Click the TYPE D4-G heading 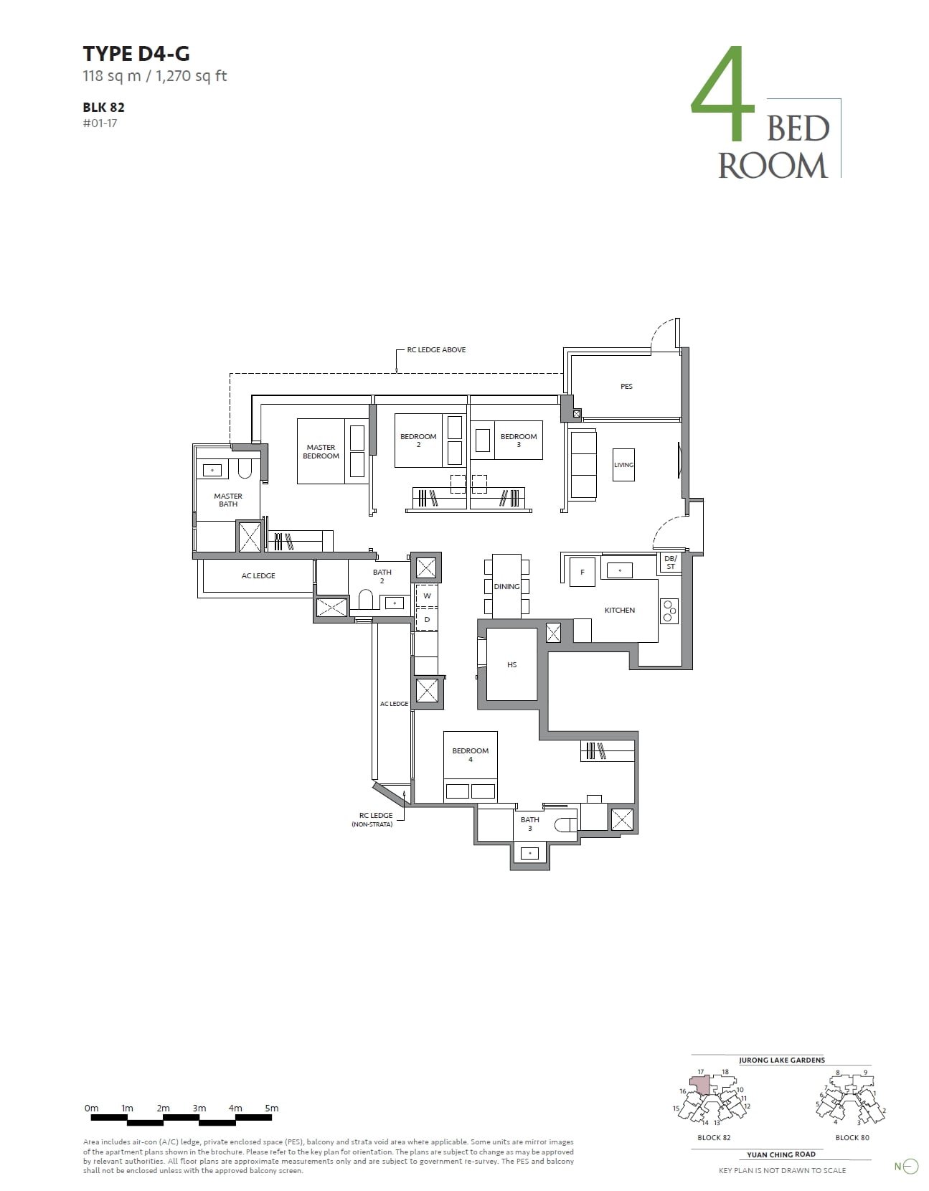coord(136,54)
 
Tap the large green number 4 coord(722,95)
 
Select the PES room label coord(626,386)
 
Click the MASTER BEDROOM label coord(321,451)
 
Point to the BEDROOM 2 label coord(418,440)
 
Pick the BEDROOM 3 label coord(518,440)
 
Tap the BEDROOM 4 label coord(470,754)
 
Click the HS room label coord(511,664)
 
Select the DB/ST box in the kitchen coord(670,562)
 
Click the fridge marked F coord(583,572)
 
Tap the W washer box coord(427,596)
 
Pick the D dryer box coord(427,619)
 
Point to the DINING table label coord(506,586)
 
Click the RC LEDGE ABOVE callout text coord(436,350)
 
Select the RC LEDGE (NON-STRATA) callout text coord(375,819)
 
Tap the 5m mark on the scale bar coord(271,1108)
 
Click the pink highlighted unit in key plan coord(702,1085)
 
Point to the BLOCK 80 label coord(852,1137)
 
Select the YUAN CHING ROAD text coord(781,1154)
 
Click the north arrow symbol coord(910,1167)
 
